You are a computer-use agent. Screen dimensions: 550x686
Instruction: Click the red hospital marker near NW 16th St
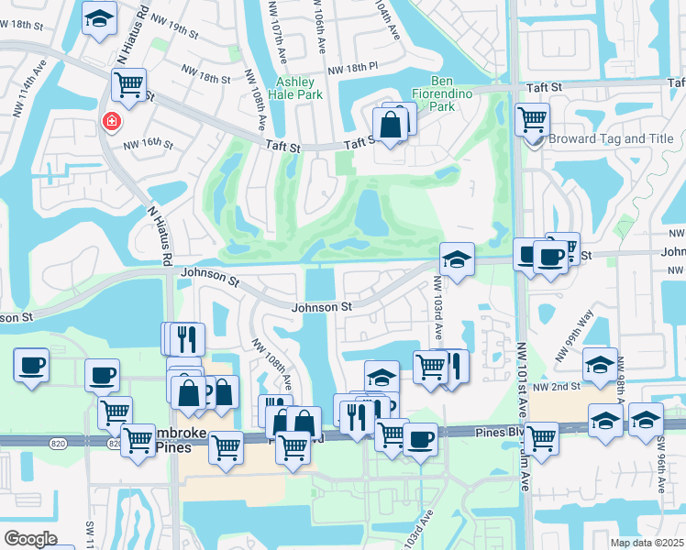[112, 122]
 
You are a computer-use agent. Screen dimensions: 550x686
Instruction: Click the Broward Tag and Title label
[611, 139]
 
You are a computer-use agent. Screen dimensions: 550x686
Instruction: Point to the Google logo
[29, 539]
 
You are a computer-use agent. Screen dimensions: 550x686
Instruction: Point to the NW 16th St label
[149, 144]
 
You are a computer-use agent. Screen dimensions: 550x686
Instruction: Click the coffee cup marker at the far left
[30, 365]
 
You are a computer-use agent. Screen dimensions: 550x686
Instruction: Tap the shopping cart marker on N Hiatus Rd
[128, 85]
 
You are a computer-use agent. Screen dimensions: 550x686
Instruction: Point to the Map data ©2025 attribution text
[647, 543]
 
